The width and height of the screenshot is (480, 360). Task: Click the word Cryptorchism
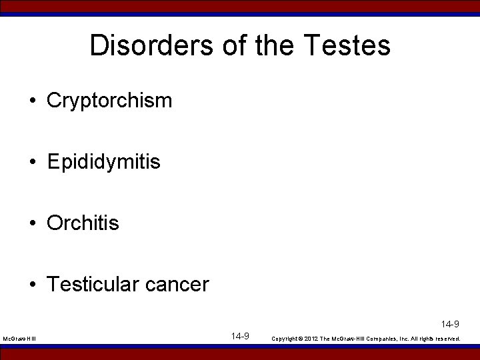(x=110, y=101)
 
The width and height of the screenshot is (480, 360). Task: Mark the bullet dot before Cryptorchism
(x=33, y=101)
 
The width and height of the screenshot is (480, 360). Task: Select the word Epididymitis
(x=104, y=162)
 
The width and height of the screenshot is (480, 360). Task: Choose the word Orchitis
(x=83, y=223)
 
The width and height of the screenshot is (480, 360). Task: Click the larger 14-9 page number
(x=241, y=336)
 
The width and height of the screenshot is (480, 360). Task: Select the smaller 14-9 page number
(x=450, y=325)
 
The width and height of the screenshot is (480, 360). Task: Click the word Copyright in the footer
(x=284, y=339)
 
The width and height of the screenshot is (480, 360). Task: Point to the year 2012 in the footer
(x=311, y=339)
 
